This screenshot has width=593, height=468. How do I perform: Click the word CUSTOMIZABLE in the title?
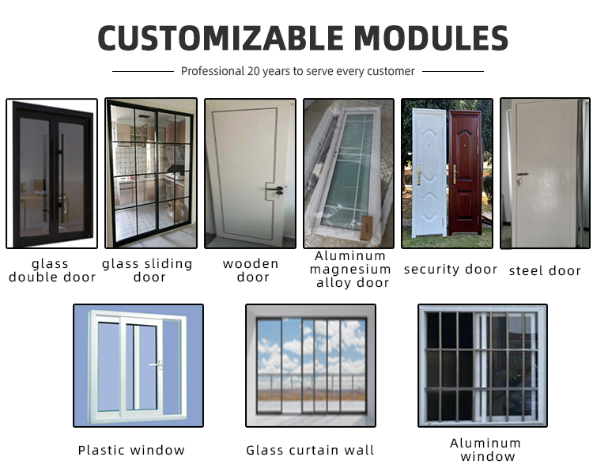pos(221,38)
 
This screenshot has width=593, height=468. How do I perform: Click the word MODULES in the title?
pos(431,38)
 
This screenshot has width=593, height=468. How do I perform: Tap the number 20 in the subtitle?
pos(253,71)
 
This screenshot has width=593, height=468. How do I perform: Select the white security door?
pos(429,172)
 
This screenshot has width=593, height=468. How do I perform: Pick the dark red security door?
pos(466,173)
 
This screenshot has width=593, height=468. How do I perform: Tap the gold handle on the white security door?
pos(419,175)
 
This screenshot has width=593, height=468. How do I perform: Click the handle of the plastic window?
pos(157,365)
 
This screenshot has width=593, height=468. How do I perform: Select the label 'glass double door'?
pos(52,270)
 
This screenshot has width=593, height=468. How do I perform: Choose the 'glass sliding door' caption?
pos(148,270)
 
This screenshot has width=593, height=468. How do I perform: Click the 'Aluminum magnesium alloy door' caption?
pos(350,269)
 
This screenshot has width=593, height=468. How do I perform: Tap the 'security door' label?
pos(451,270)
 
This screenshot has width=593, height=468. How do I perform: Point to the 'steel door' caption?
pos(545,270)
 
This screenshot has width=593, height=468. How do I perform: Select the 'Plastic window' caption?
pos(131,451)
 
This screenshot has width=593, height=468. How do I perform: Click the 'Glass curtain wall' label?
pos(310,451)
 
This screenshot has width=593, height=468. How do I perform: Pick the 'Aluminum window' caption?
pos(486,450)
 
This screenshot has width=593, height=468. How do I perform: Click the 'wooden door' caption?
pos(251,270)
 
